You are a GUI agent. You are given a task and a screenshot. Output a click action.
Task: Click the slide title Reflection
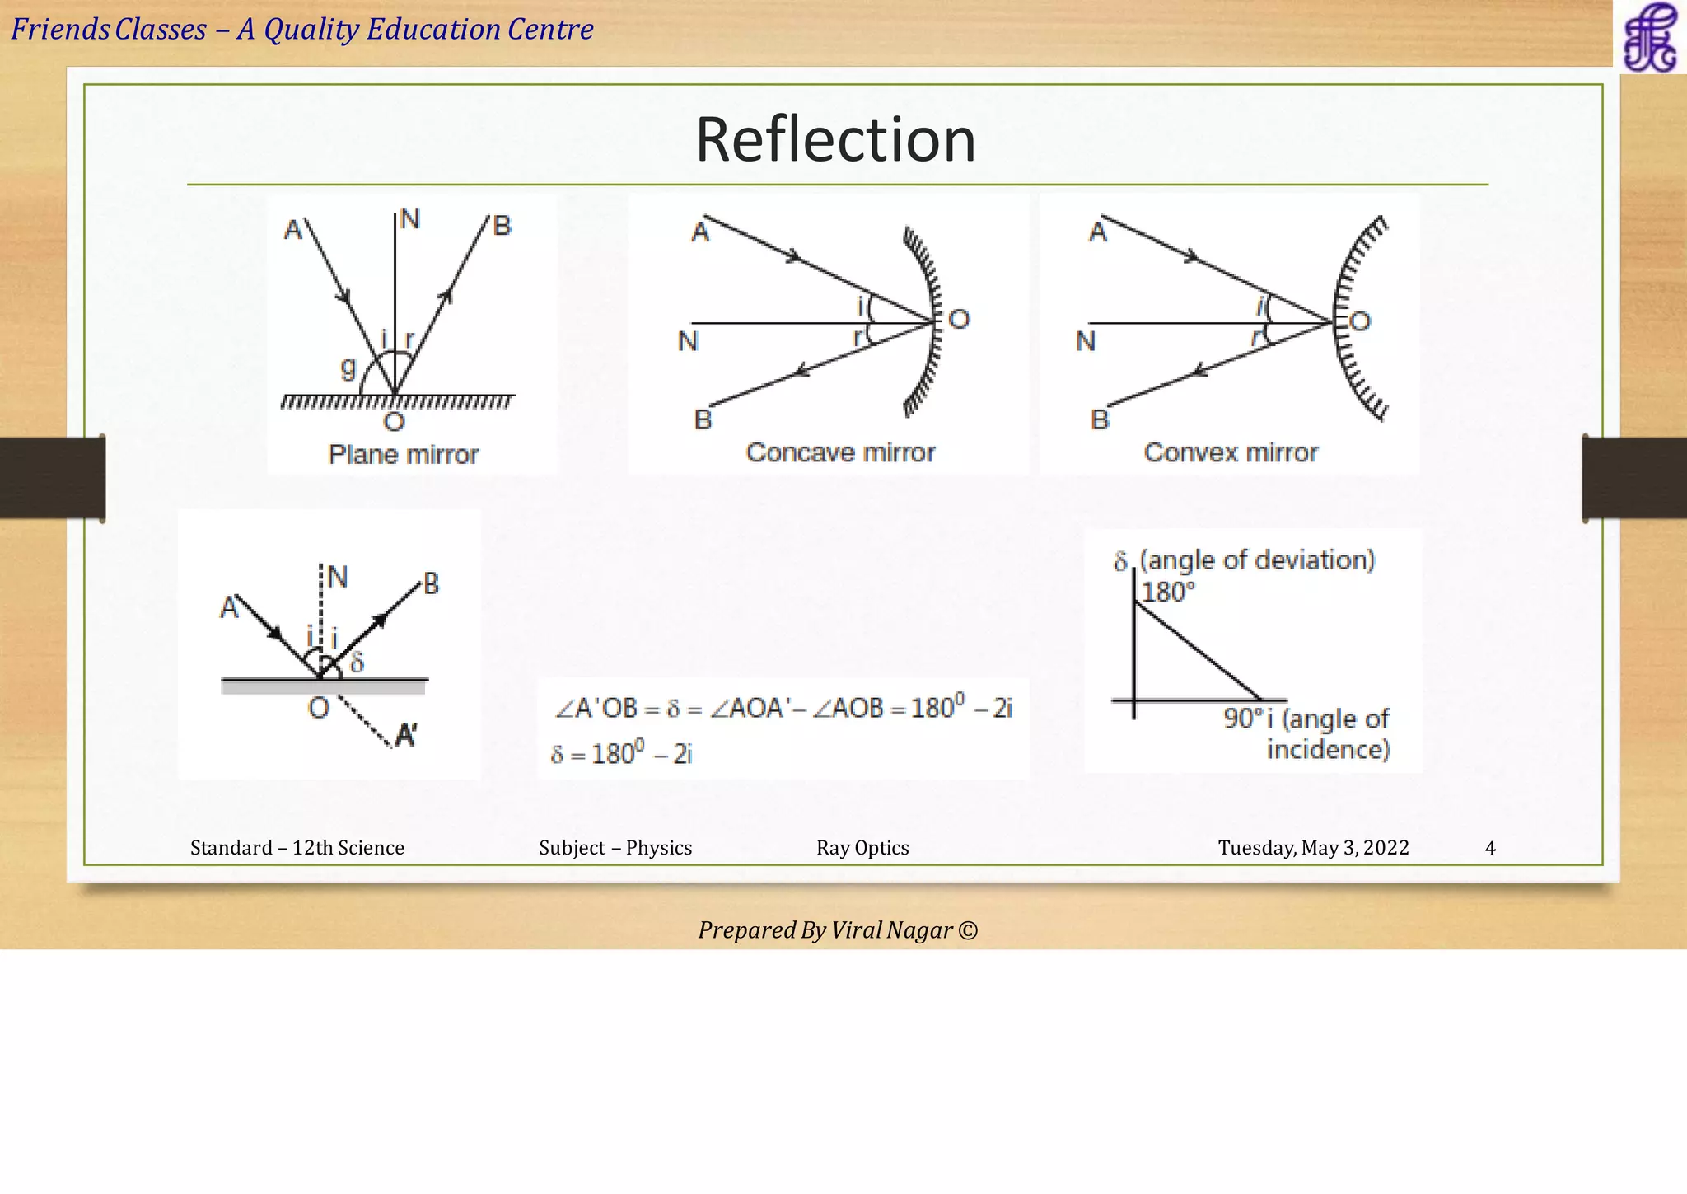pyautogui.click(x=835, y=139)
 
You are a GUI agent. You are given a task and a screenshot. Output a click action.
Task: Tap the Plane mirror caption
pyautogui.click(x=403, y=454)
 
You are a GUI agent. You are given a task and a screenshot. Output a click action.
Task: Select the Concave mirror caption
pyautogui.click(x=840, y=452)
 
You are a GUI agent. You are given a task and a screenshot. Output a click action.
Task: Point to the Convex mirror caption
pyautogui.click(x=1231, y=452)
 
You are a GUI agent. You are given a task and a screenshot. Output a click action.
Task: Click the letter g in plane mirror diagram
pyautogui.click(x=348, y=368)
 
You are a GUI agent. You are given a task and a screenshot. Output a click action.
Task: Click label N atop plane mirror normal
pyautogui.click(x=409, y=219)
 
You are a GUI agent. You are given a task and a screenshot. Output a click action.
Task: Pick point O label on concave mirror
pyautogui.click(x=960, y=319)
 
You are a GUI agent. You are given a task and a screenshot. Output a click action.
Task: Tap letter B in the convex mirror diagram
pyautogui.click(x=1100, y=419)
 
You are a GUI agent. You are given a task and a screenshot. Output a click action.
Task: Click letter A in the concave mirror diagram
pyautogui.click(x=699, y=232)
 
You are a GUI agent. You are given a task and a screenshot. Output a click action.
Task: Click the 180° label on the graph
pyautogui.click(x=1167, y=592)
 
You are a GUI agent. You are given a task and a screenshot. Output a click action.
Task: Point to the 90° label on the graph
pyautogui.click(x=1242, y=719)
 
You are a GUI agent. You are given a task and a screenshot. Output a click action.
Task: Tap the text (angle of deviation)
pyautogui.click(x=1257, y=560)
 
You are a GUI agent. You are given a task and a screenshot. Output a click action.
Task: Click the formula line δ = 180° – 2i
pyautogui.click(x=622, y=753)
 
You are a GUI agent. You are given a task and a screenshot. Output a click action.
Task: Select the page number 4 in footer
pyautogui.click(x=1489, y=848)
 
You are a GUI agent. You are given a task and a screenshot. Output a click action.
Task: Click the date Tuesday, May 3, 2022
pyautogui.click(x=1313, y=848)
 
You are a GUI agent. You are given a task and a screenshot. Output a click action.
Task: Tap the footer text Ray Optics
pyautogui.click(x=862, y=848)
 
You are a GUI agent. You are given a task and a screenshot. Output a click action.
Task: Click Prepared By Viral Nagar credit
pyautogui.click(x=838, y=930)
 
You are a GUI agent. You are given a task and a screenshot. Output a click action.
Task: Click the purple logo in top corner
pyautogui.click(x=1649, y=37)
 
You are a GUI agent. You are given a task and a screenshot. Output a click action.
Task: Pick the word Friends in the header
pyautogui.click(x=60, y=30)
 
